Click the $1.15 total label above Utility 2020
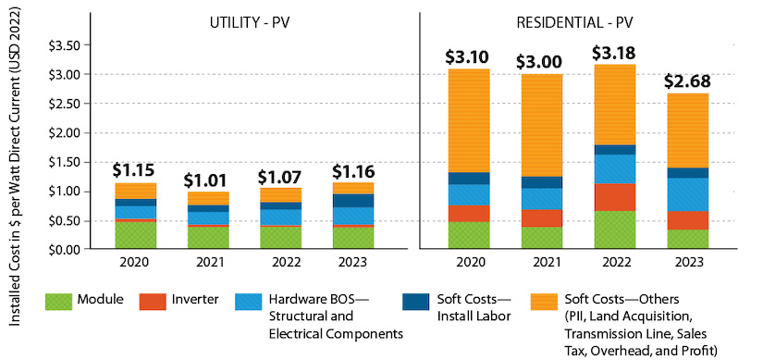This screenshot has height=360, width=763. point(136,170)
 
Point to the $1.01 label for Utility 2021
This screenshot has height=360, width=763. point(209,179)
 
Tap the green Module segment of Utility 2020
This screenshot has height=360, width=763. point(136,235)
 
